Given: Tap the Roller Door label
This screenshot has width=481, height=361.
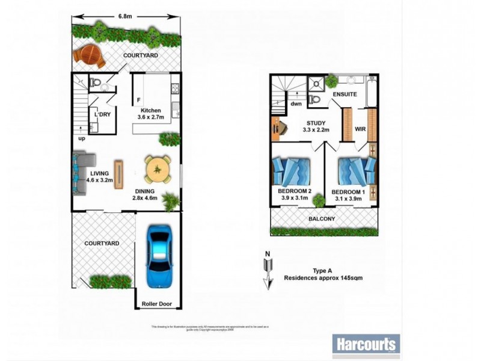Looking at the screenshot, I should tap(158, 304).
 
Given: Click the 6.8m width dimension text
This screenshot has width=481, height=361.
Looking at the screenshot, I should tap(124, 16).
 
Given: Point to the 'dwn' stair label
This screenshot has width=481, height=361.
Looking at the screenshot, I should tap(296, 103).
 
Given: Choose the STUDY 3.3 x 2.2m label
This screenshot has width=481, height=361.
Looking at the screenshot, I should tap(311, 126).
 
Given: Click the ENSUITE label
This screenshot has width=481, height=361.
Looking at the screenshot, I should tap(345, 94).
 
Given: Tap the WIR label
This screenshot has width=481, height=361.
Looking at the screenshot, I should tap(361, 128).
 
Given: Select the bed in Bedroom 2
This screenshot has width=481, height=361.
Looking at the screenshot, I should tap(291, 172).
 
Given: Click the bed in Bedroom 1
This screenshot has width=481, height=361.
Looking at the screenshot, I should tap(355, 172).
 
